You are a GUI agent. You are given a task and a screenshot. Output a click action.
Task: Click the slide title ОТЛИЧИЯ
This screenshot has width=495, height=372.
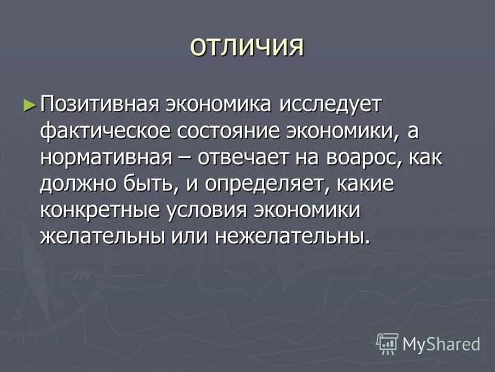point(247,47)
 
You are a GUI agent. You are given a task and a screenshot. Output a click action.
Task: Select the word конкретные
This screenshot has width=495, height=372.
point(101,210)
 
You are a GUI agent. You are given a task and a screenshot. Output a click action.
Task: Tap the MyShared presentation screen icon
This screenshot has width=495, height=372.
point(387,343)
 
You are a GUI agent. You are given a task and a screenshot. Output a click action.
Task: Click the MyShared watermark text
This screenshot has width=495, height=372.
point(441,343)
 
